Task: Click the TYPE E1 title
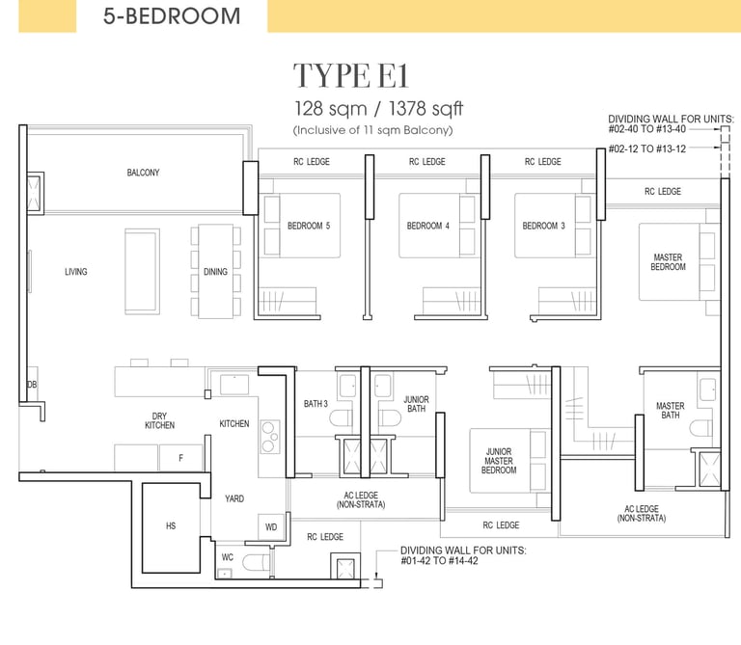350,75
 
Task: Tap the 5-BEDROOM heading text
172,16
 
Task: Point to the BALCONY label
143,173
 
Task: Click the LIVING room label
76,272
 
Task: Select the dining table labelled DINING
215,271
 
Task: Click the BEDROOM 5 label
309,226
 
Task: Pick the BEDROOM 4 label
428,226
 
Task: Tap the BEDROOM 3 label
543,226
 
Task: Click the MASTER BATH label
671,411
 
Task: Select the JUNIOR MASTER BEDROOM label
499,461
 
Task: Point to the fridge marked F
181,458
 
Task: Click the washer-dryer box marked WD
271,527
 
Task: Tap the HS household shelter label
171,525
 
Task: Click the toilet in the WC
256,562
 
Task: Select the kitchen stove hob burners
269,437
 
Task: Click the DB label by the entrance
32,385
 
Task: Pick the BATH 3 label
316,404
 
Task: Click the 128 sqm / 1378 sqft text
378,109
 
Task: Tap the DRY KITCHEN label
160,420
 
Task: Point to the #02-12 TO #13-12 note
647,148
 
